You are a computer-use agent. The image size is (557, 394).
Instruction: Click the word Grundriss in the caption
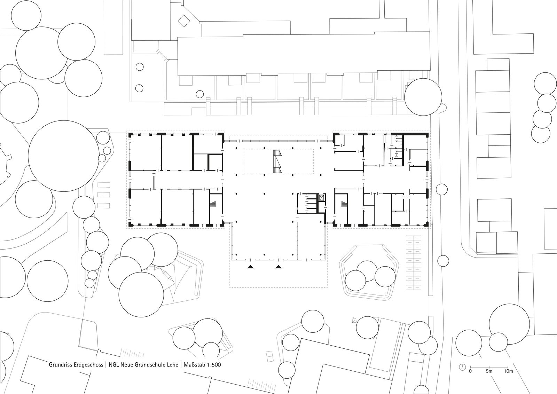click(59, 365)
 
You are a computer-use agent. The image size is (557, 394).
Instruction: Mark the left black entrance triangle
click(250, 267)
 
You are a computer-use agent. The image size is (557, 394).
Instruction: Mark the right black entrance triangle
click(278, 267)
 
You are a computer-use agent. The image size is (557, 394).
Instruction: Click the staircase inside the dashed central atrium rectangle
click(277, 161)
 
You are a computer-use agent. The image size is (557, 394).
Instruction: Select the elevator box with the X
click(322, 198)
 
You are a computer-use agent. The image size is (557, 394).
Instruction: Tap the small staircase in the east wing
click(344, 204)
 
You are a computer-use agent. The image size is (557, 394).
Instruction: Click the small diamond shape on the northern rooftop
click(184, 21)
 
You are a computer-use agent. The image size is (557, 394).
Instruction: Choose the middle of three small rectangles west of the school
click(104, 195)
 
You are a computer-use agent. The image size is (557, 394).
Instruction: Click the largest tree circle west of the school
click(63, 156)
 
